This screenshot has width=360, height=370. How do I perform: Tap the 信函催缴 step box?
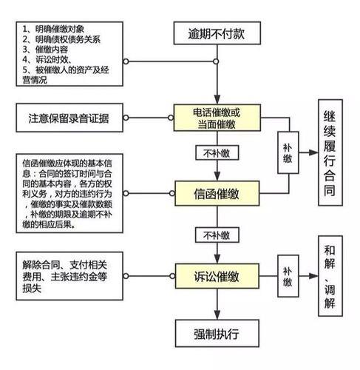pos(216,195)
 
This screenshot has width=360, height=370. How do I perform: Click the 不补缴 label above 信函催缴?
pos(216,155)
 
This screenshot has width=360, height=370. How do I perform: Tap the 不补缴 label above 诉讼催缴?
pos(216,235)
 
